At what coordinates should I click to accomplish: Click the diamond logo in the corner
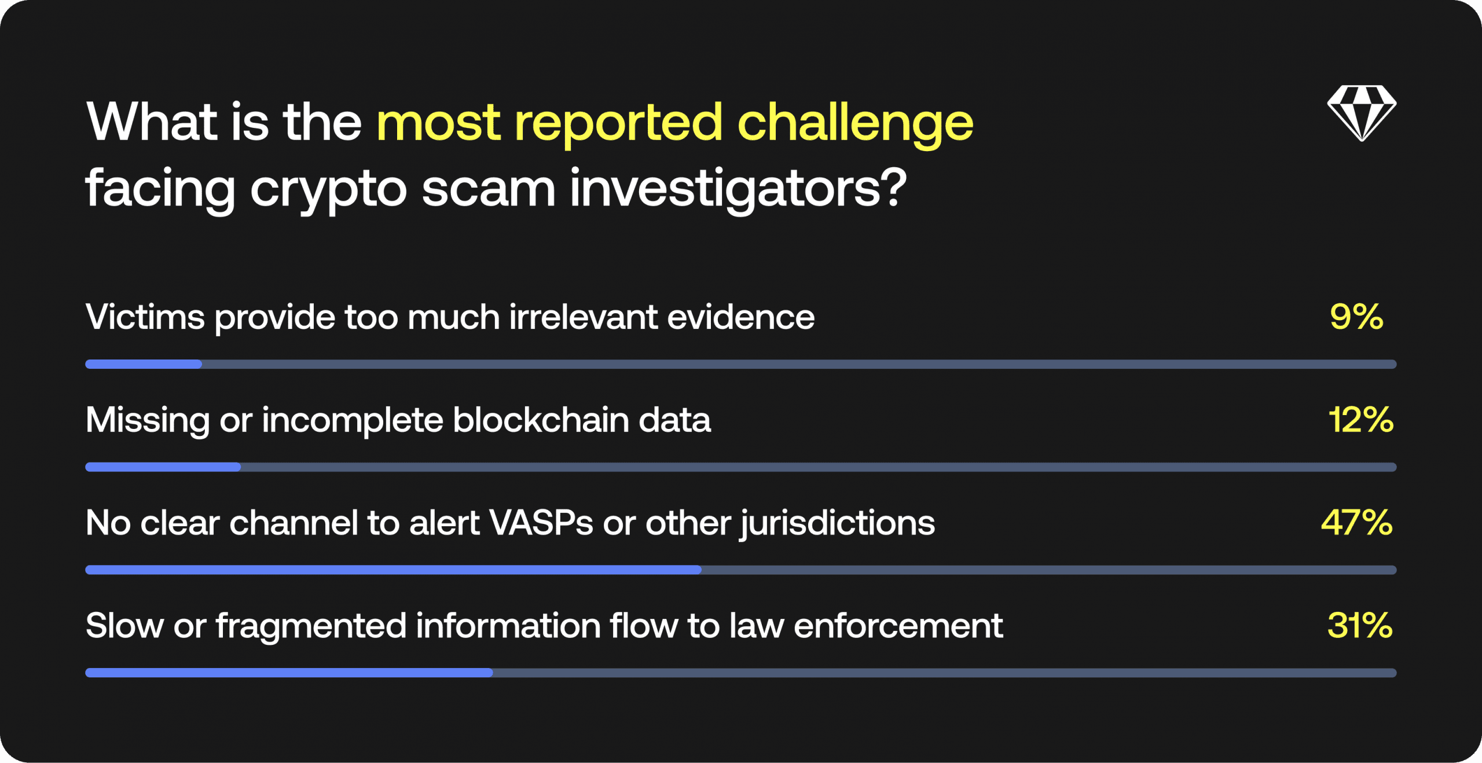click(1362, 113)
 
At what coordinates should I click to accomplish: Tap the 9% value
click(1356, 317)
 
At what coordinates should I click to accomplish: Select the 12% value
click(1361, 419)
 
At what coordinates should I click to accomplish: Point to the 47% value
click(1357, 522)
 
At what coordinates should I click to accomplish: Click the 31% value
click(1360, 625)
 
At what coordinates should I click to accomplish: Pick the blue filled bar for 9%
click(144, 364)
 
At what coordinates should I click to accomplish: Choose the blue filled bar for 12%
click(163, 467)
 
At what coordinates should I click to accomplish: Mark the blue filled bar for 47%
click(393, 570)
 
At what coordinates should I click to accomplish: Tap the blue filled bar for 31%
click(289, 673)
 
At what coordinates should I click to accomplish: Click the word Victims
click(145, 317)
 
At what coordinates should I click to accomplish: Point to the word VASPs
click(541, 523)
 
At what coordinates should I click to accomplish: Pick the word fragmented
click(311, 626)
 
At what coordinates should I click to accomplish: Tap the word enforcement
click(898, 626)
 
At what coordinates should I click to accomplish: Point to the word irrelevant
click(584, 317)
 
